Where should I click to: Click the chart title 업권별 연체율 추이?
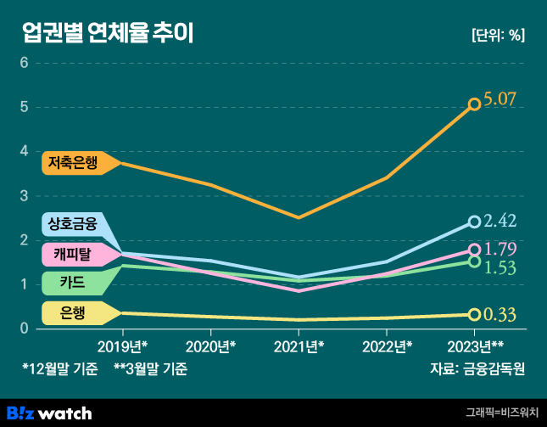(108, 34)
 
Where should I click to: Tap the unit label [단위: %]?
(497, 36)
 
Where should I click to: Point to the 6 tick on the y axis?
(25, 63)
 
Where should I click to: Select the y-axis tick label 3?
(25, 195)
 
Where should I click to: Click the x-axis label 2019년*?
(123, 346)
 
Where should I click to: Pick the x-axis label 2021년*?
(299, 346)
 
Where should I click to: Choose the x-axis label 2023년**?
(475, 346)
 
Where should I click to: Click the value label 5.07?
(500, 100)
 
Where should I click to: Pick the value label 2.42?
(500, 222)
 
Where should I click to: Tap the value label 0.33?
(500, 315)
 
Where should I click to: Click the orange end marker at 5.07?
(475, 104)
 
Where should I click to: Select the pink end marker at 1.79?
(475, 250)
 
